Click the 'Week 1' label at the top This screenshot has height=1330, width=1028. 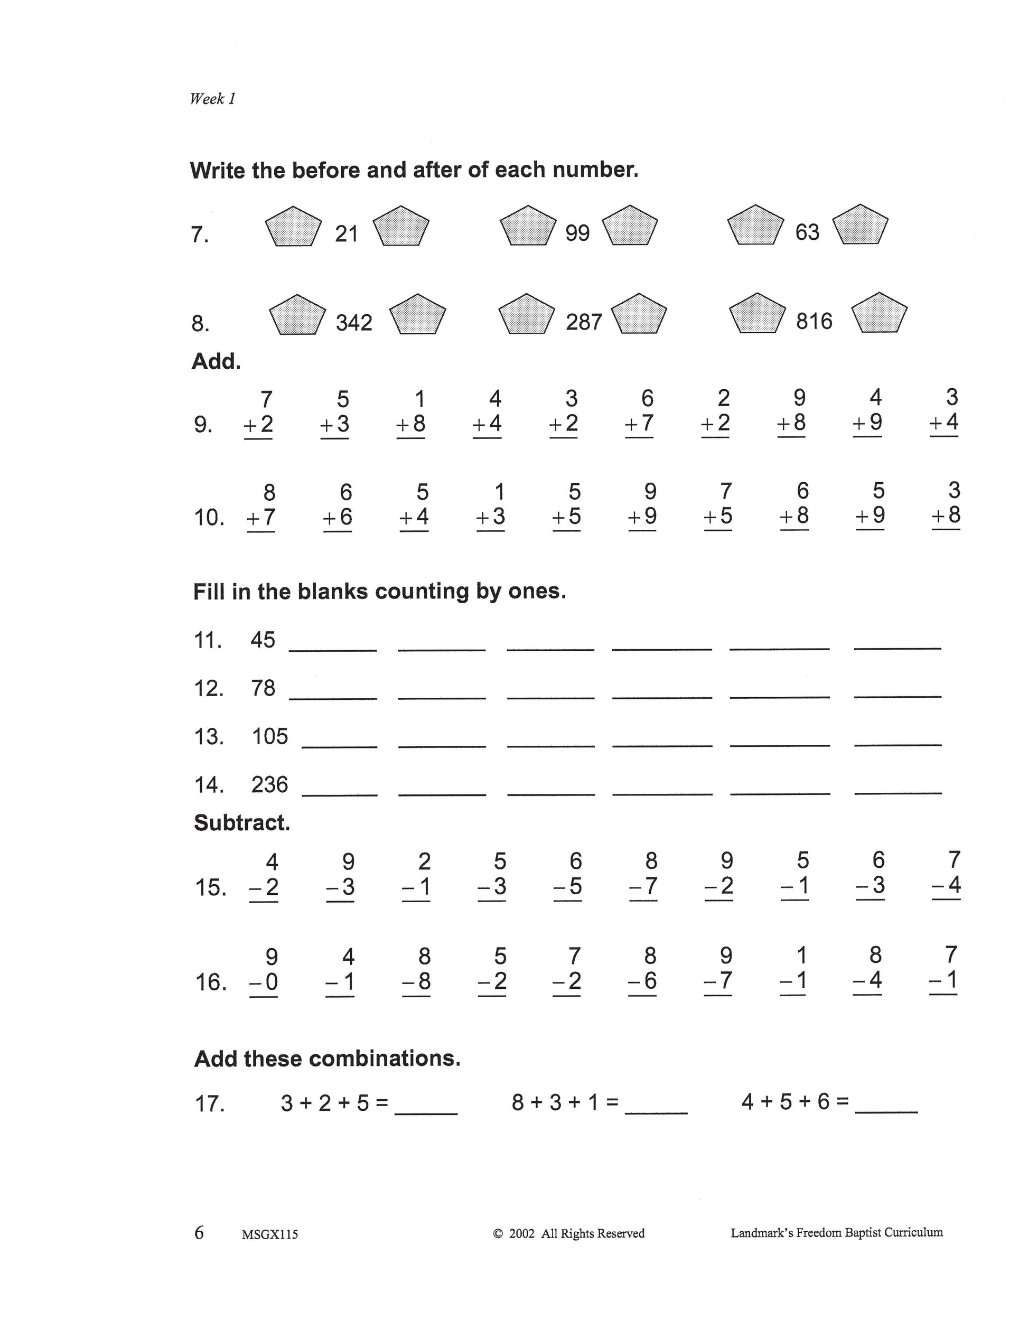[212, 99]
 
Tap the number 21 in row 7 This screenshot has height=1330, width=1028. [347, 234]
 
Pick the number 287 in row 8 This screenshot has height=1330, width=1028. [583, 322]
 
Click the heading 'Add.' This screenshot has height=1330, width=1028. [216, 362]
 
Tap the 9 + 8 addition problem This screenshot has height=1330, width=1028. [792, 411]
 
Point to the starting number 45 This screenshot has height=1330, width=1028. [263, 640]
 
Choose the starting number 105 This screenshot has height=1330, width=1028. [270, 737]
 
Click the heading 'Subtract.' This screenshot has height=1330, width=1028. [242, 823]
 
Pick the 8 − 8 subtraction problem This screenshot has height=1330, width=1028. [417, 969]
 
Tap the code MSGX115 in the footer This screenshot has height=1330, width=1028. [270, 1235]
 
